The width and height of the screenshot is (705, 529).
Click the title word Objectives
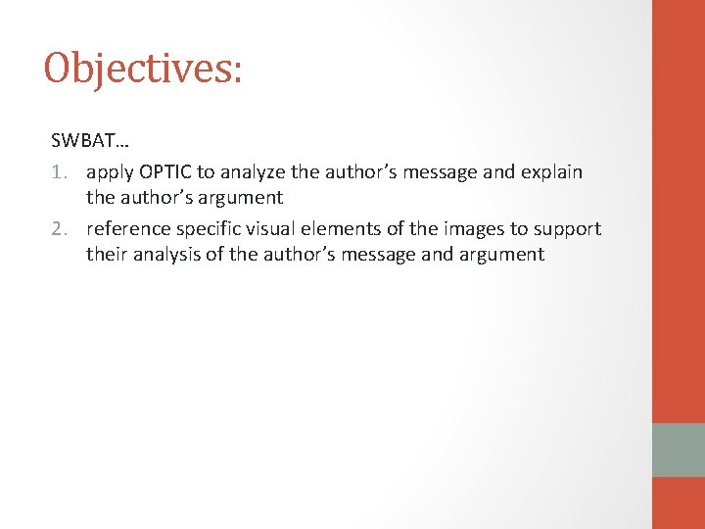click(141, 69)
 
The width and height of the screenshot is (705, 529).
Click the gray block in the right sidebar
click(679, 450)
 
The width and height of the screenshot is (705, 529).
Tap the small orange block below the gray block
click(679, 503)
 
